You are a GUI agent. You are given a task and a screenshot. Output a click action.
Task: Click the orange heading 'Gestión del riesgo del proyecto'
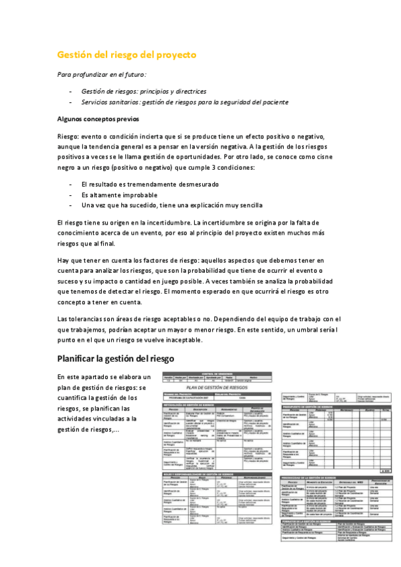click(x=127, y=55)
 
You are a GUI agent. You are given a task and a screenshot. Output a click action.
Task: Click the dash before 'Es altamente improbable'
click(x=71, y=195)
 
